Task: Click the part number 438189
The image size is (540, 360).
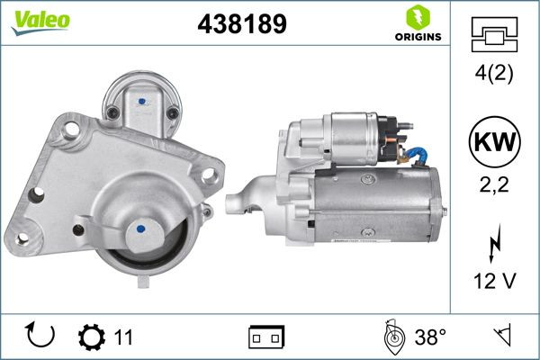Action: [x=241, y=25]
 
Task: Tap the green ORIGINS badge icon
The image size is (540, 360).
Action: [x=417, y=18]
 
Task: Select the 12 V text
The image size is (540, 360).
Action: [x=494, y=283]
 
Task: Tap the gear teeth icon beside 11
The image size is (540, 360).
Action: [x=92, y=337]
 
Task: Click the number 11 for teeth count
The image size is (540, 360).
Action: [x=123, y=337]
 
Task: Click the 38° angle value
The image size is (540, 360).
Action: [x=430, y=337]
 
